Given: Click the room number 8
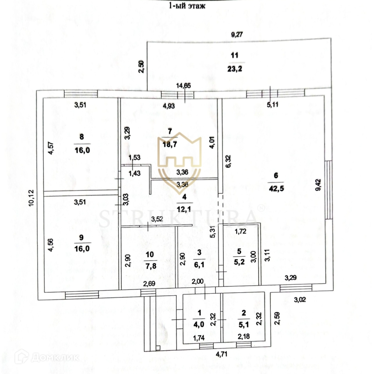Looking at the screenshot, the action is pyautogui.click(x=81, y=137).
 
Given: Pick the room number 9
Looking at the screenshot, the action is pyautogui.click(x=81, y=238).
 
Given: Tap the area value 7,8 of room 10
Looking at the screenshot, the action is pyautogui.click(x=150, y=267).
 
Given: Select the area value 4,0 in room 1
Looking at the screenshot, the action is pyautogui.click(x=199, y=324).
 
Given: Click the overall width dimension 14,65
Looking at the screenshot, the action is pyautogui.click(x=183, y=86).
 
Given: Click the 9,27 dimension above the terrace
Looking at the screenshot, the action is pyautogui.click(x=237, y=34).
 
